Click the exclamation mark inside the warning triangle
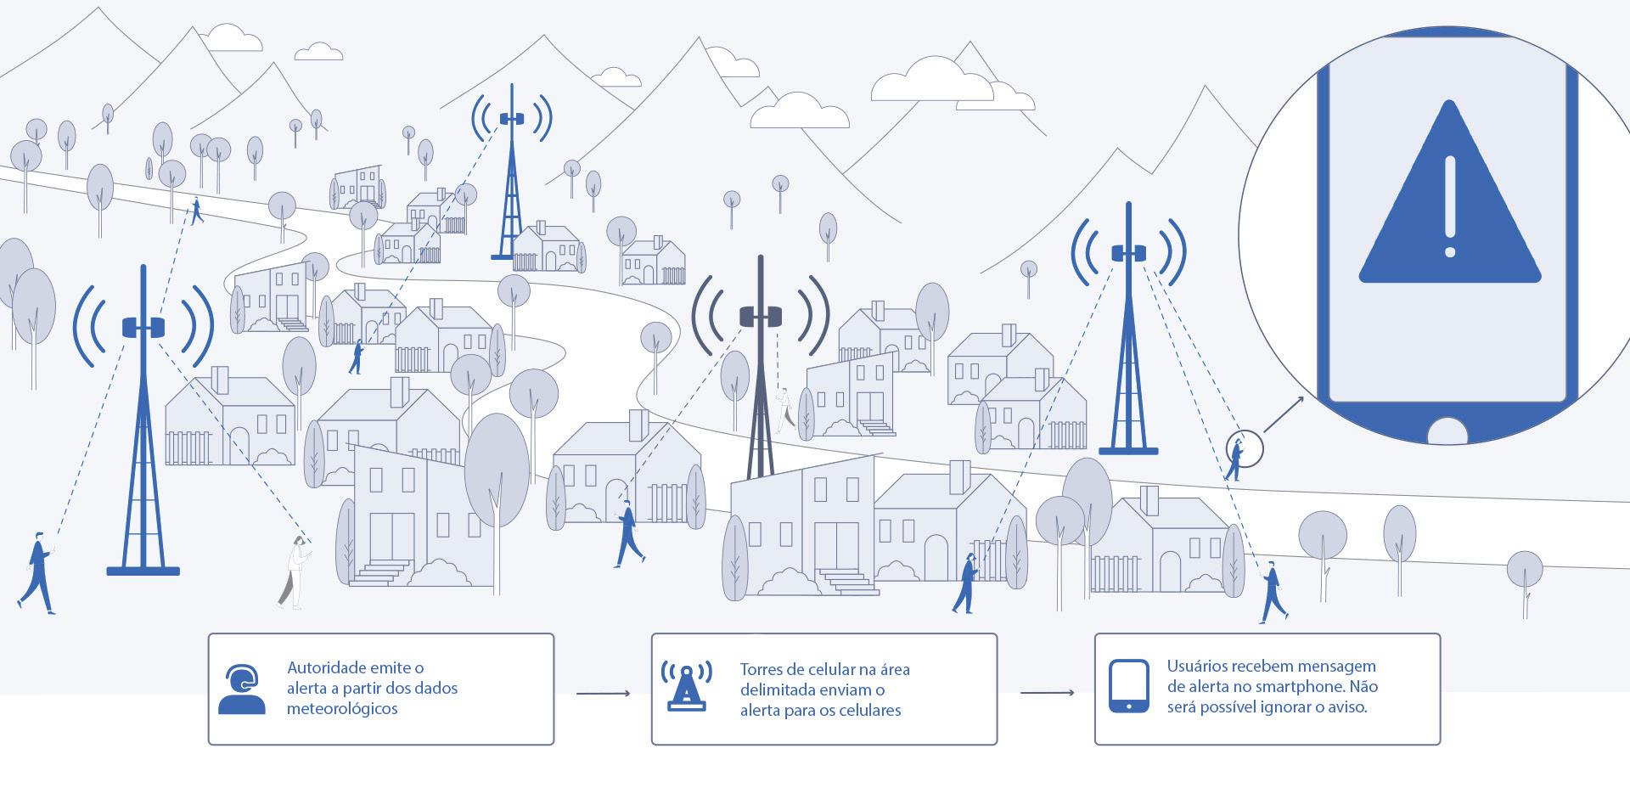click(1449, 206)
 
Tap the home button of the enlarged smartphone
click(1447, 432)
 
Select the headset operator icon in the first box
click(242, 689)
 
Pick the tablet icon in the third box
click(1129, 686)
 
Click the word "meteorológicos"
click(342, 709)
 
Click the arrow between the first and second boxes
click(603, 694)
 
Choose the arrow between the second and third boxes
click(1047, 693)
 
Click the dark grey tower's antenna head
click(761, 317)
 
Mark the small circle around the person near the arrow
click(1245, 447)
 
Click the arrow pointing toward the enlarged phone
click(1284, 414)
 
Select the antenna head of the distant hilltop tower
click(511, 118)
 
